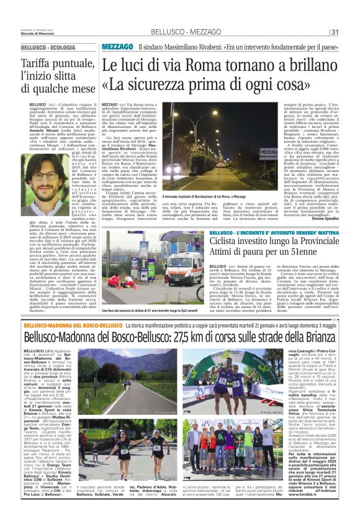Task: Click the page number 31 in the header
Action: (x=334, y=33)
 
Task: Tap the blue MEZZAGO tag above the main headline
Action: (x=117, y=47)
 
